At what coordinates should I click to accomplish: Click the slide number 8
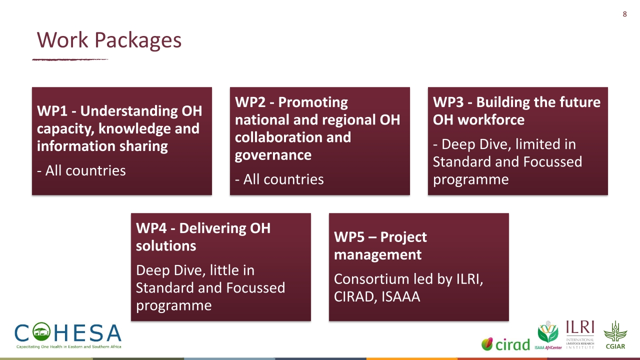(x=625, y=14)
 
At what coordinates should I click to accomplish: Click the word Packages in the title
(x=138, y=40)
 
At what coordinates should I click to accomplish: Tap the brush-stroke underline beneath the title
(x=70, y=59)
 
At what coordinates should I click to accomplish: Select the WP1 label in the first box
(x=52, y=111)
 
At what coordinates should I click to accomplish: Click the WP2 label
(x=250, y=102)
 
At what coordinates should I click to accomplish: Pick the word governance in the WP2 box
(x=273, y=155)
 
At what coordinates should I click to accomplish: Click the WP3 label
(x=448, y=102)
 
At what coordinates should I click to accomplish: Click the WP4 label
(x=151, y=228)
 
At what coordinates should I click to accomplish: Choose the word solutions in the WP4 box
(x=166, y=246)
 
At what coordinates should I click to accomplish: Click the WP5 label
(x=349, y=237)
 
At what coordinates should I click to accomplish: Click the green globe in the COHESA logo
(x=41, y=332)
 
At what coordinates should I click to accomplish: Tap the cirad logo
(x=505, y=344)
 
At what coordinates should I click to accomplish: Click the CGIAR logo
(x=615, y=335)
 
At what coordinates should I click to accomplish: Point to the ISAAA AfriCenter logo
(x=548, y=335)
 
